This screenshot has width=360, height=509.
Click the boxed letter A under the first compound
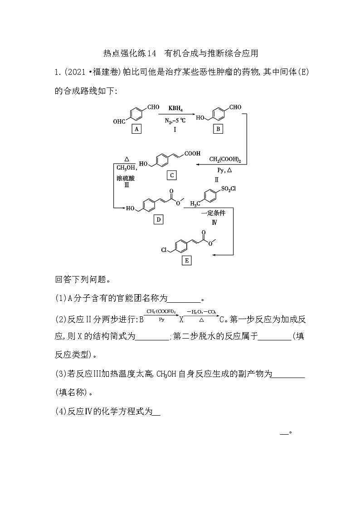click(x=136, y=129)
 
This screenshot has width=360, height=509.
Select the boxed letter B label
click(x=219, y=129)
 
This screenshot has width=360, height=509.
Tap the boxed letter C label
click(x=171, y=175)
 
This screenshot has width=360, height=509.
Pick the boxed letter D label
click(x=159, y=220)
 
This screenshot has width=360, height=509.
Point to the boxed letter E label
click(x=186, y=260)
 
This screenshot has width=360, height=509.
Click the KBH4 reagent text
click(x=175, y=109)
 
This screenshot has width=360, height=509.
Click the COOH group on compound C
click(x=192, y=154)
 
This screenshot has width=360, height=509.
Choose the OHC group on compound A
click(x=119, y=121)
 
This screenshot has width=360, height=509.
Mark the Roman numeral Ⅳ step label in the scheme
click(x=214, y=222)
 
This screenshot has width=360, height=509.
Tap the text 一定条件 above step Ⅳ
click(x=214, y=213)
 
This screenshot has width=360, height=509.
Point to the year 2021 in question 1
click(x=78, y=72)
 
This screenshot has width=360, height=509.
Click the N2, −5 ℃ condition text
click(x=175, y=121)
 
